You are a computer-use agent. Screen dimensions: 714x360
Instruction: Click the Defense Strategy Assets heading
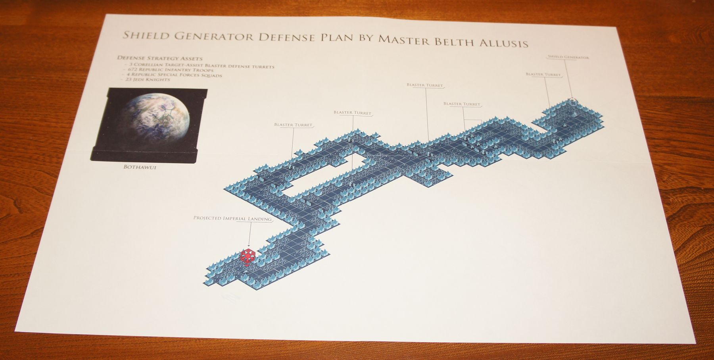(160, 58)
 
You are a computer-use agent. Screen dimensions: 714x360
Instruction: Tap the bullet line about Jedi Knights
(148, 79)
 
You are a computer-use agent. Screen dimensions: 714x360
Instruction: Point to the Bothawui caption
(140, 167)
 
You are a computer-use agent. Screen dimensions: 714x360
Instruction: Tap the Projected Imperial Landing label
(232, 219)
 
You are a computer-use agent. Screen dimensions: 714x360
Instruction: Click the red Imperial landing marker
(247, 257)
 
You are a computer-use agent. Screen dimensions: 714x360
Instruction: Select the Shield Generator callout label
(568, 57)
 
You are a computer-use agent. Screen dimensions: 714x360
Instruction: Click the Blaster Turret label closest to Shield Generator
(543, 74)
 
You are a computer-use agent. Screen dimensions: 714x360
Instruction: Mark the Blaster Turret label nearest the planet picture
(293, 125)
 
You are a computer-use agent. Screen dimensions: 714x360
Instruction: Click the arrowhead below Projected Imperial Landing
(249, 247)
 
